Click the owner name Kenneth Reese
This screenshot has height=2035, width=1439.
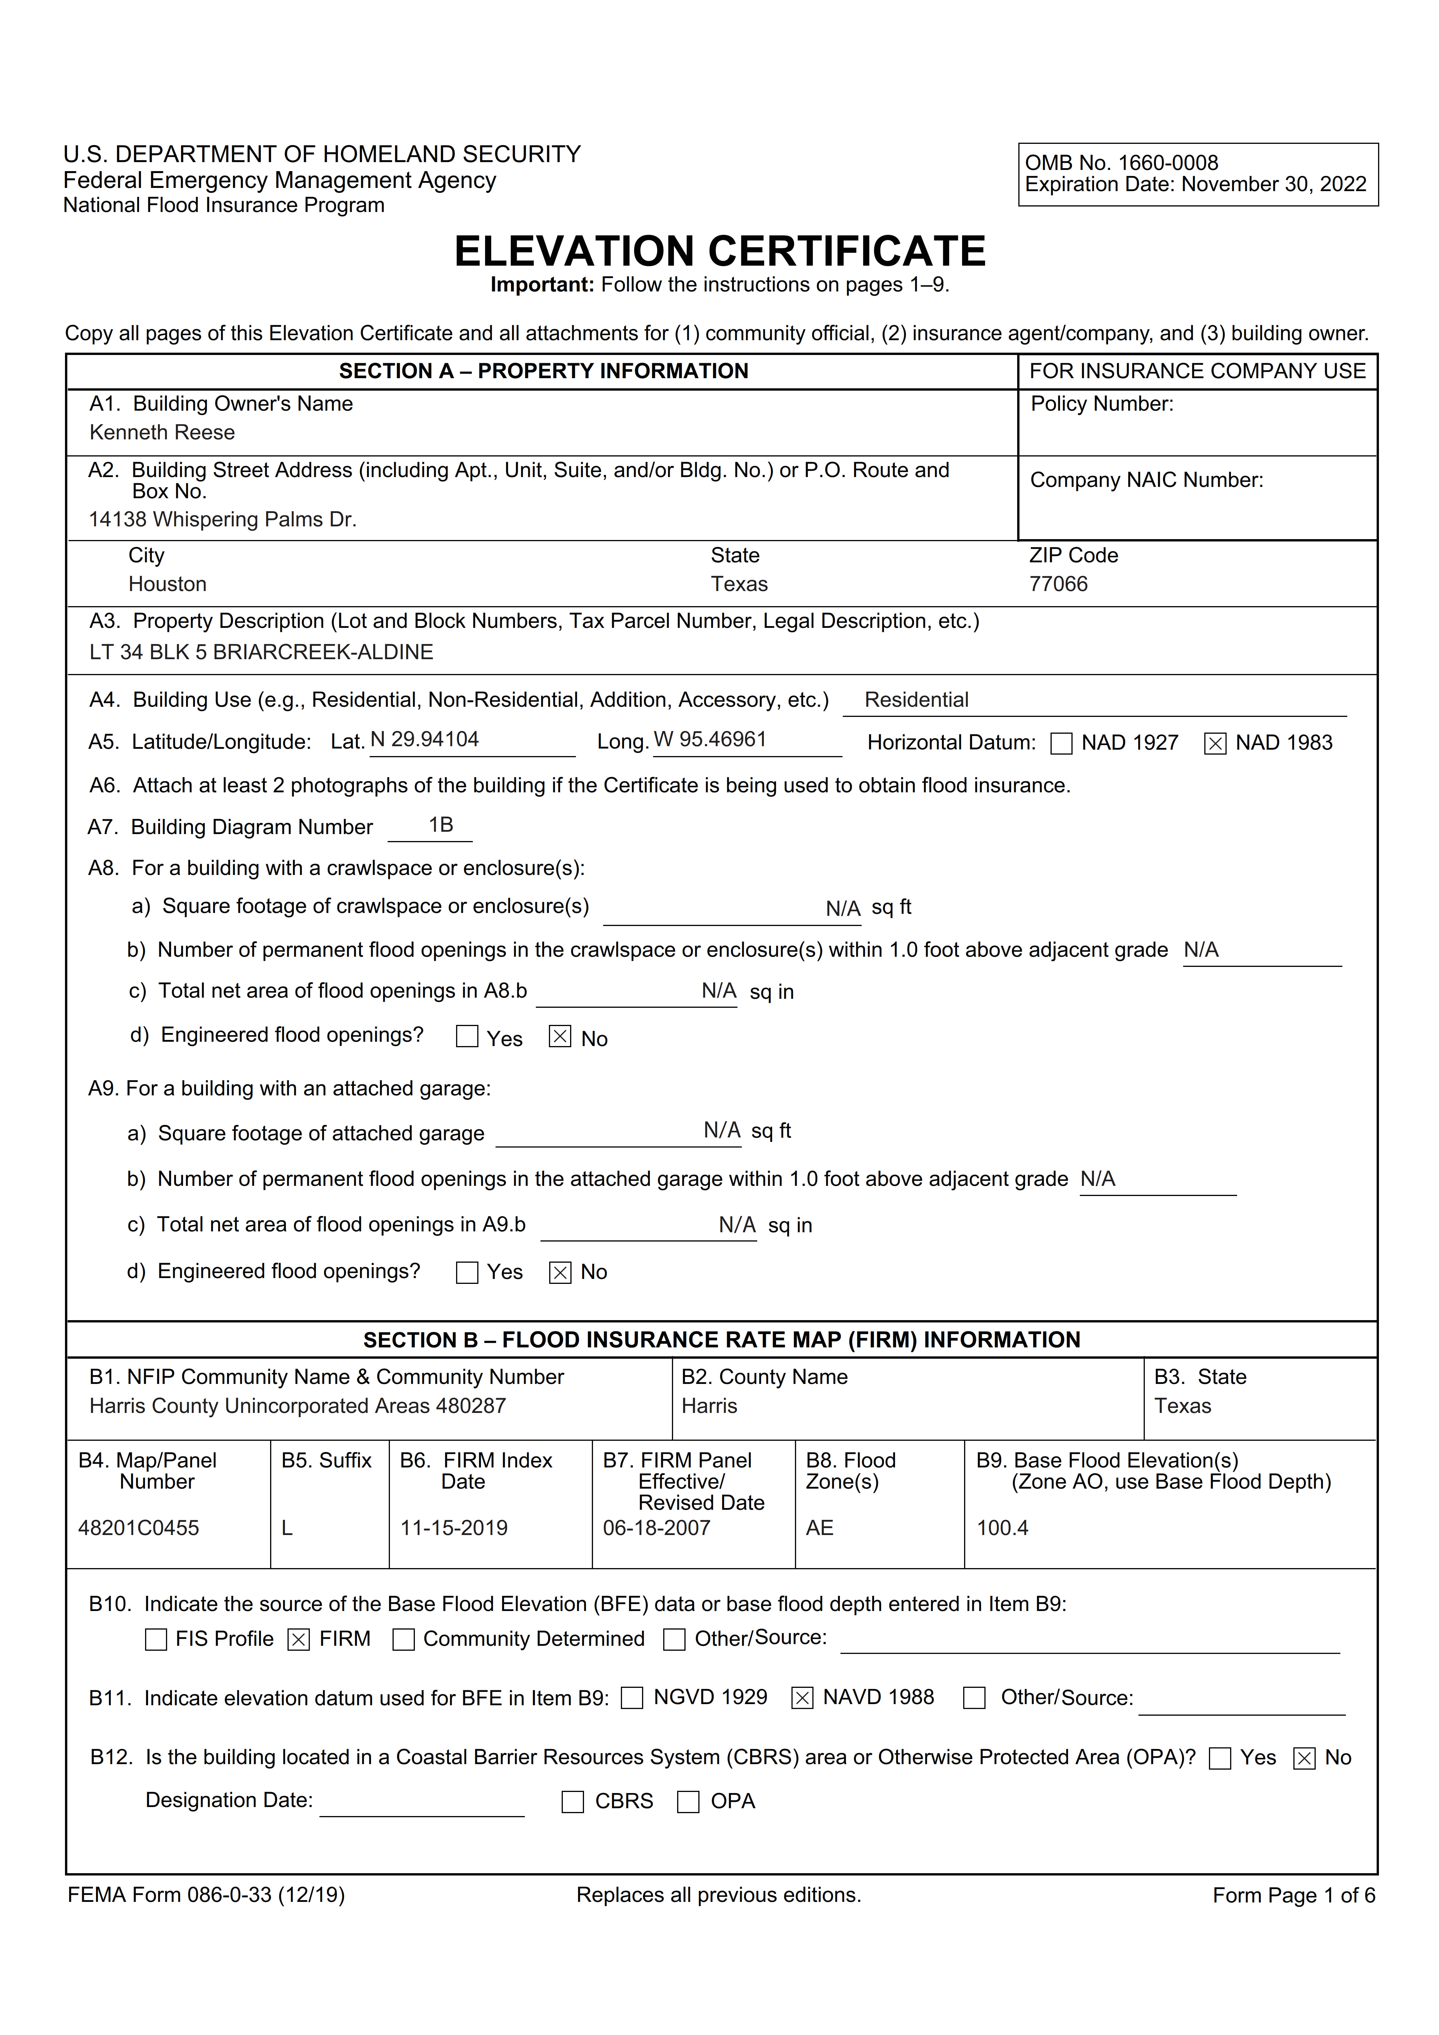(162, 432)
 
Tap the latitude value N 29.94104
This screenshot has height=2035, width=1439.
(425, 739)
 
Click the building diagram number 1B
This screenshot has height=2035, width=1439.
(441, 825)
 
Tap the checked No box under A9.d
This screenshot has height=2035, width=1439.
(560, 1273)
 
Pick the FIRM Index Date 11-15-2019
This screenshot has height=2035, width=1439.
(454, 1528)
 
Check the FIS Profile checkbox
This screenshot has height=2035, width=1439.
(156, 1640)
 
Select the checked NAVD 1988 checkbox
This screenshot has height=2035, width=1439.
(802, 1698)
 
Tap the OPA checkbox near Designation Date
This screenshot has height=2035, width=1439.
(688, 1802)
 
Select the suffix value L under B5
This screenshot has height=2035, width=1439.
(286, 1528)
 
